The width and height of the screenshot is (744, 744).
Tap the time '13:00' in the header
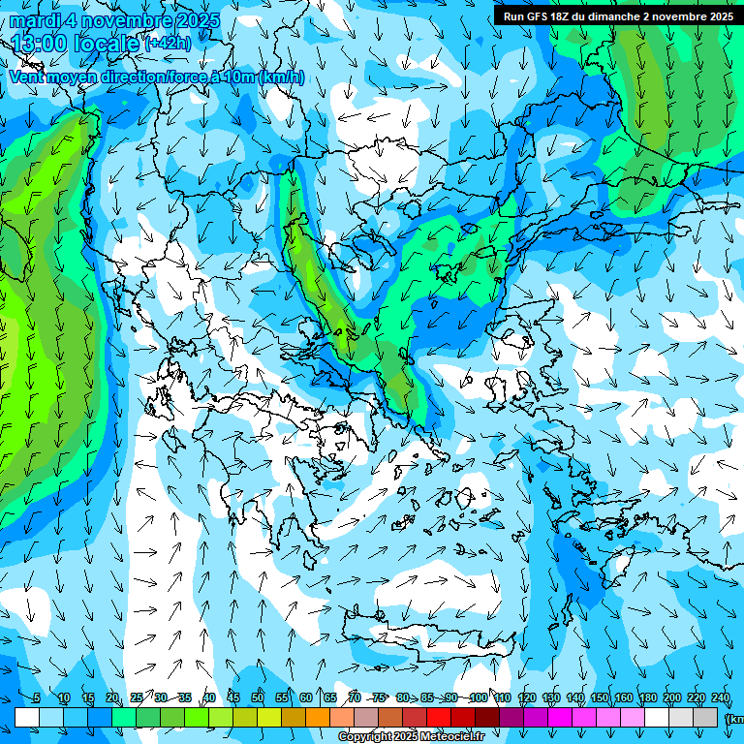pos(38,43)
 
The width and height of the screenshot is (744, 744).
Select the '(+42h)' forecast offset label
pos(168,44)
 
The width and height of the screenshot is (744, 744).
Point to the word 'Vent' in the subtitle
pos(27,77)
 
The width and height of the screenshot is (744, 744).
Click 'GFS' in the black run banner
pos(538,15)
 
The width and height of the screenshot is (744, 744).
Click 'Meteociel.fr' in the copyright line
pos(455,737)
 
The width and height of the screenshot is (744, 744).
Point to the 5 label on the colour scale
pos(36,698)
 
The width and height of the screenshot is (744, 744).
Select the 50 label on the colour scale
pos(258,698)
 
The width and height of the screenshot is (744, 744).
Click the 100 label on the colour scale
pos(478,698)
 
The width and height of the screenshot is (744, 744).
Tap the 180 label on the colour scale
pos(648,698)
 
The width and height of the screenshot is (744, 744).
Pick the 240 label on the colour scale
pos(721,698)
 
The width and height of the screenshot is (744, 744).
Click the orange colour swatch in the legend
pos(318,717)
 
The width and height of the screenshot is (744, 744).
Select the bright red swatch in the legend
pos(439,717)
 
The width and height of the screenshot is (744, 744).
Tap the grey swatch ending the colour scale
pos(706,717)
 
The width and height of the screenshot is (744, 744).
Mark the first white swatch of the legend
pos(27,717)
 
